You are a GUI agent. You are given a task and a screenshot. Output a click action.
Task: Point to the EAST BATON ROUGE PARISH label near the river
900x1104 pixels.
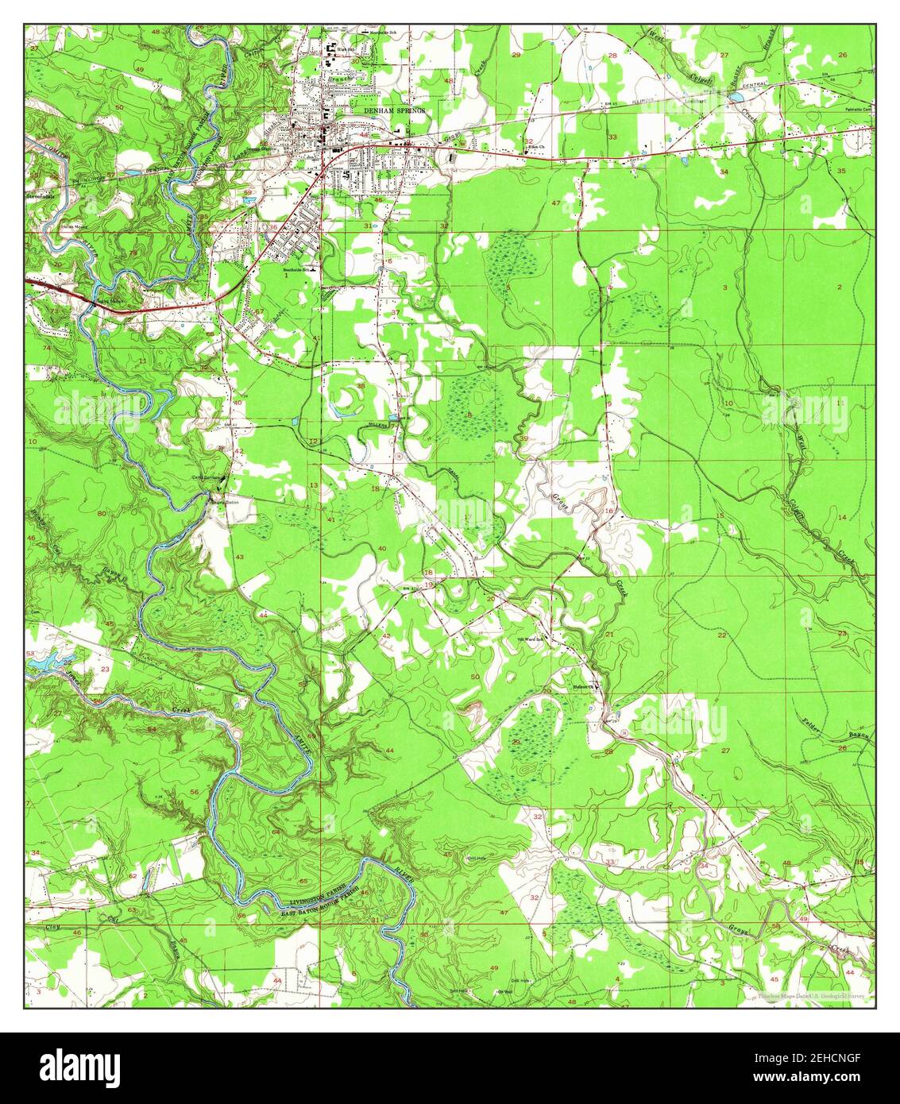point(323,908)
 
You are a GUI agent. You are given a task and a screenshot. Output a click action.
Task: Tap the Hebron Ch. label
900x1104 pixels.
point(584,688)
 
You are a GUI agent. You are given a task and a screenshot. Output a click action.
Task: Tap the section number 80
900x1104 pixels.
point(101,514)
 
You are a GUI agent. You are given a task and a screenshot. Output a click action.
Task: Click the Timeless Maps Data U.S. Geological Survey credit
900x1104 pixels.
point(813,996)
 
